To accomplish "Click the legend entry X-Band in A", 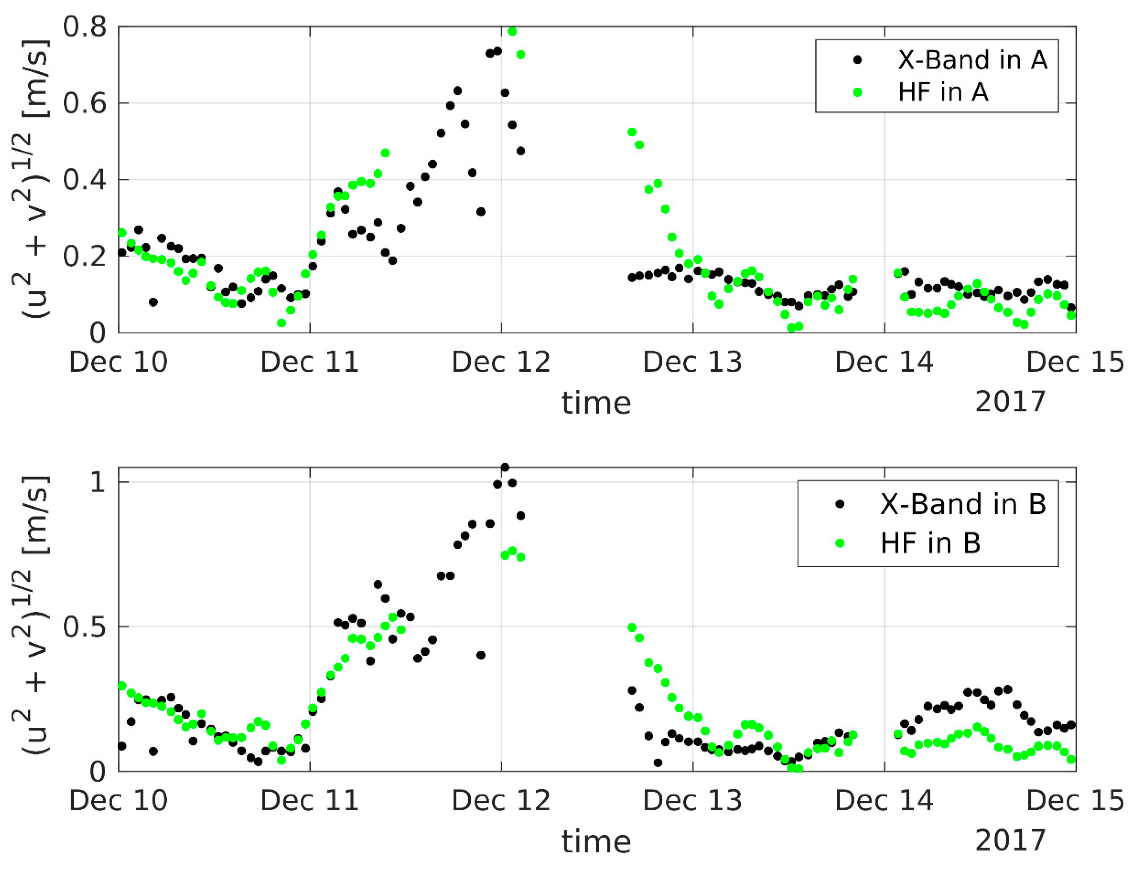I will click(972, 60).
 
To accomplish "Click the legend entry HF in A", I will click(943, 92).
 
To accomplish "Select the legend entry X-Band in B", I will click(962, 504).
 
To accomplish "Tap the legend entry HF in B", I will click(930, 543).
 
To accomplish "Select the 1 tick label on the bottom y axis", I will click(97, 483).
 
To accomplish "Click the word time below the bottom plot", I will click(596, 842).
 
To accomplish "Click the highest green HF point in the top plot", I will click(512, 31).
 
